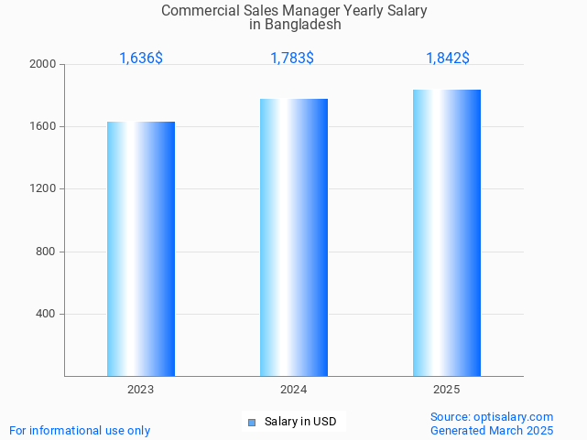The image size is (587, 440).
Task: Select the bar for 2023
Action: (141, 249)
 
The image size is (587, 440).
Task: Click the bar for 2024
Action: (294, 237)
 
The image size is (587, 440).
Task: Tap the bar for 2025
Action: (447, 232)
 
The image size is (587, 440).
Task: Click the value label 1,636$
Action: (141, 58)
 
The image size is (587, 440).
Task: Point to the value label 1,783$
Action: (292, 58)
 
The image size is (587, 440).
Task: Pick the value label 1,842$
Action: (448, 58)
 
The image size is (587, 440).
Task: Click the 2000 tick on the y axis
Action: (43, 65)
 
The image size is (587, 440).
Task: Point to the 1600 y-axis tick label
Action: (43, 127)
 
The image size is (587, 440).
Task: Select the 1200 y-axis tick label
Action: (43, 189)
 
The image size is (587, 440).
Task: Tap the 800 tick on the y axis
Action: (46, 252)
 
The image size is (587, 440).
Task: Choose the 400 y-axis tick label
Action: (46, 314)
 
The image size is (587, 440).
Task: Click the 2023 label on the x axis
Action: (141, 390)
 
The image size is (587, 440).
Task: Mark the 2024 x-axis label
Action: (294, 390)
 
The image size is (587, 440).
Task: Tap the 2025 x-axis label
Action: (447, 390)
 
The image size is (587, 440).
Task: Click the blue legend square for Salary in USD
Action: (251, 422)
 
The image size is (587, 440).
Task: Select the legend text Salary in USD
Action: (300, 422)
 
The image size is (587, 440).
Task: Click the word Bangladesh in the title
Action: (302, 25)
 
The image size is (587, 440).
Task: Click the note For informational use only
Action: (80, 430)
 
